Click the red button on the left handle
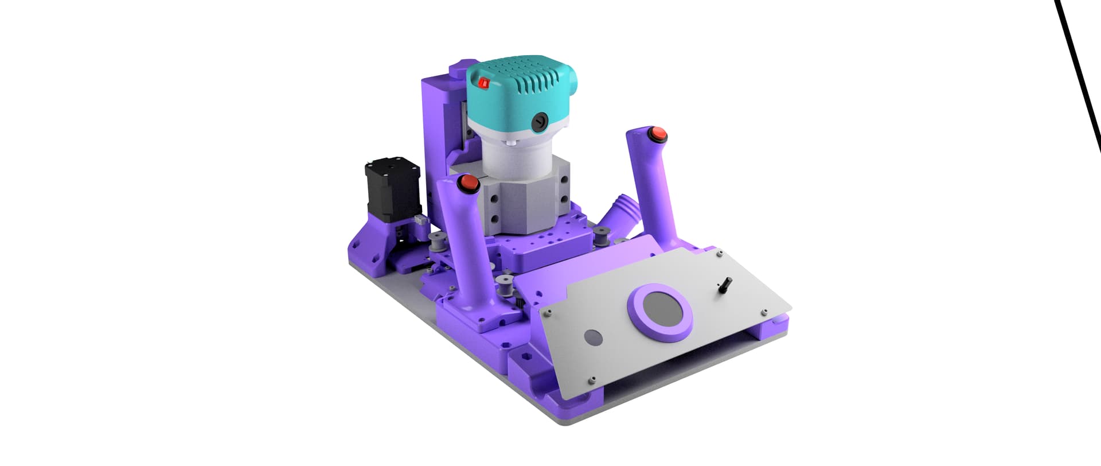pyautogui.click(x=470, y=184)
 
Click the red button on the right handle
pyautogui.click(x=658, y=135)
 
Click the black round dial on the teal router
pyautogui.click(x=540, y=122)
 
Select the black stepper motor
pyautogui.click(x=393, y=190)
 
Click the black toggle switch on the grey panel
pyautogui.click(x=726, y=284)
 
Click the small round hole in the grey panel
pyautogui.click(x=592, y=337)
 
